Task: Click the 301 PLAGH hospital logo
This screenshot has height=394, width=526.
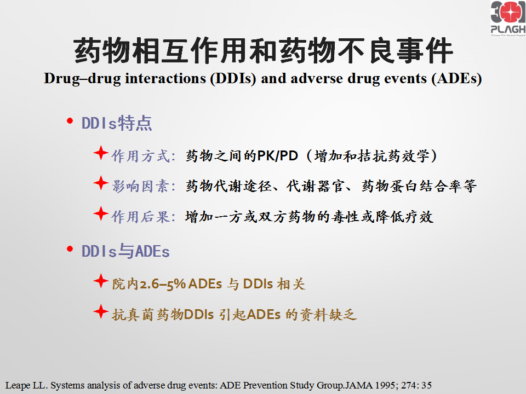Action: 508,19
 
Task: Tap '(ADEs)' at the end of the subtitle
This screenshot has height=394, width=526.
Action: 456,79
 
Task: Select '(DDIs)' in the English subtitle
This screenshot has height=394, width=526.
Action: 233,79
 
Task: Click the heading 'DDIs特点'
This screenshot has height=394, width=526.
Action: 117,123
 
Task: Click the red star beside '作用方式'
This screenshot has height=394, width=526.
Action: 101,153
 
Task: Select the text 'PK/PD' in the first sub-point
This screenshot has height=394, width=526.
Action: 277,156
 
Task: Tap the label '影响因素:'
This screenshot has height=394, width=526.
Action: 144,186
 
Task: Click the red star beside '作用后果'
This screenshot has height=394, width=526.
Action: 101,214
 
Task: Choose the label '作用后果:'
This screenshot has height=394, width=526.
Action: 144,217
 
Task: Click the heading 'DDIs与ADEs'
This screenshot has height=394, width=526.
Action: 125,251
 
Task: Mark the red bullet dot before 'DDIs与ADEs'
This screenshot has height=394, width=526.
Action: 70,249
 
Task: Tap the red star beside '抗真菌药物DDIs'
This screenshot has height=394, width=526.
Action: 101,311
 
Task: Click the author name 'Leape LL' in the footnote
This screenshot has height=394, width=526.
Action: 26,385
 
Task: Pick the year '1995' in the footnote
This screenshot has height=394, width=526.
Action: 385,385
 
